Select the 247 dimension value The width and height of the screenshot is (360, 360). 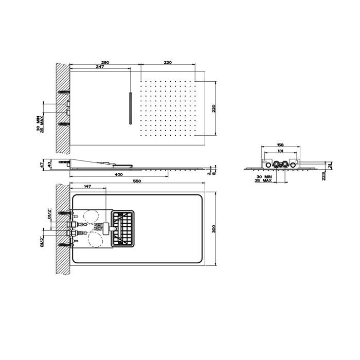(x=100, y=67)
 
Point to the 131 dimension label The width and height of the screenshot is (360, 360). (x=281, y=152)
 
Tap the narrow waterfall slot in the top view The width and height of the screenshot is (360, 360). (x=131, y=108)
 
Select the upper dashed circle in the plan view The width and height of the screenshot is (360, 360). (x=93, y=217)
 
